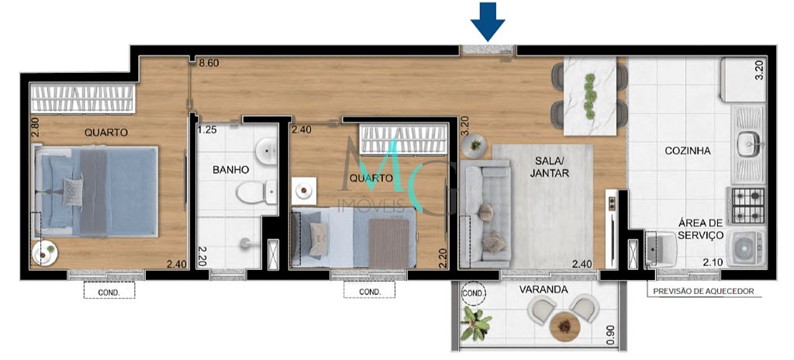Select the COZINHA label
click(687, 152)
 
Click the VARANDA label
click(544, 290)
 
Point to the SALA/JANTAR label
click(550, 167)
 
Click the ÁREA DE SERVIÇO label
click(700, 228)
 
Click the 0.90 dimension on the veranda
click(611, 333)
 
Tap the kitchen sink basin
click(748, 143)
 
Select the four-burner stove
click(747, 204)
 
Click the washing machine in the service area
click(746, 247)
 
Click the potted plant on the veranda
click(475, 324)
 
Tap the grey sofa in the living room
click(485, 213)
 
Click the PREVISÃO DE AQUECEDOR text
click(702, 292)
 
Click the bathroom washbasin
click(267, 151)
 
